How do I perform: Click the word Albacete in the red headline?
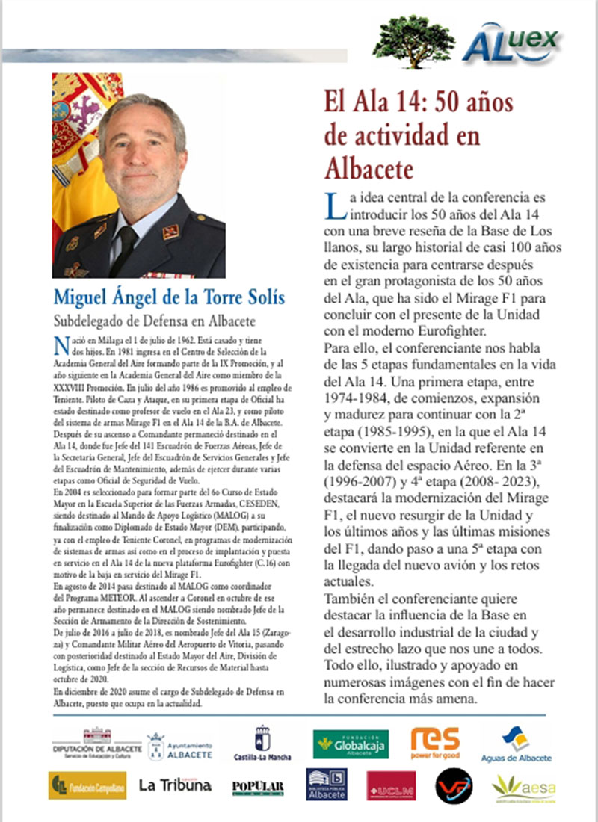pyautogui.click(x=369, y=168)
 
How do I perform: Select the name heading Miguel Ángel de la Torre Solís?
pyautogui.click(x=169, y=297)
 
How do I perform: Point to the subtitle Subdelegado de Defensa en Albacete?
pyautogui.click(x=155, y=321)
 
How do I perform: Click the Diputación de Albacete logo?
pyautogui.click(x=96, y=744)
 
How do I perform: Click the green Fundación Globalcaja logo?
pyautogui.click(x=351, y=744)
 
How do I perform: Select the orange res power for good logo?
pyautogui.click(x=435, y=742)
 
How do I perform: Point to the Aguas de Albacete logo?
pyautogui.click(x=516, y=744)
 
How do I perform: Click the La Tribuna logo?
pyautogui.click(x=175, y=785)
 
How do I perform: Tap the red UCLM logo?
pyautogui.click(x=391, y=786)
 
